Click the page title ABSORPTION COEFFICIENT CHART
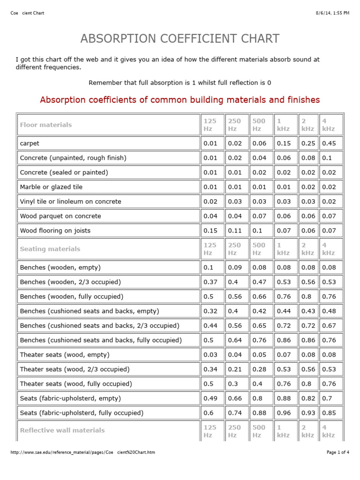tap(180, 38)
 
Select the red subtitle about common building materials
tap(180, 100)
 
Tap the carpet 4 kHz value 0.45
tap(329, 143)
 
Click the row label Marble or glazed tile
tap(51, 187)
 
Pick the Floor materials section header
tap(46, 125)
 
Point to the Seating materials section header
tap(50, 249)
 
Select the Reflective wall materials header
tap(62, 430)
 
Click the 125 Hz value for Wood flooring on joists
tap(210, 231)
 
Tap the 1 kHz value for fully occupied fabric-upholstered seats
tap(284, 413)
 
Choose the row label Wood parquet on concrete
tap(60, 216)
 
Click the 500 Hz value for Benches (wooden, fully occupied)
tap(259, 297)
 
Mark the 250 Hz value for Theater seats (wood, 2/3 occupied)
tap(235, 369)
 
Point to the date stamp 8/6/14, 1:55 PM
tap(332, 13)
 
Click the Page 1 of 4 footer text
tap(337, 452)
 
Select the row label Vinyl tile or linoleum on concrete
tap(70, 202)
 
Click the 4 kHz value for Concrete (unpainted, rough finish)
tap(326, 158)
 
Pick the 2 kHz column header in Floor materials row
tap(307, 125)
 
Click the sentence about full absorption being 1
tap(180, 82)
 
